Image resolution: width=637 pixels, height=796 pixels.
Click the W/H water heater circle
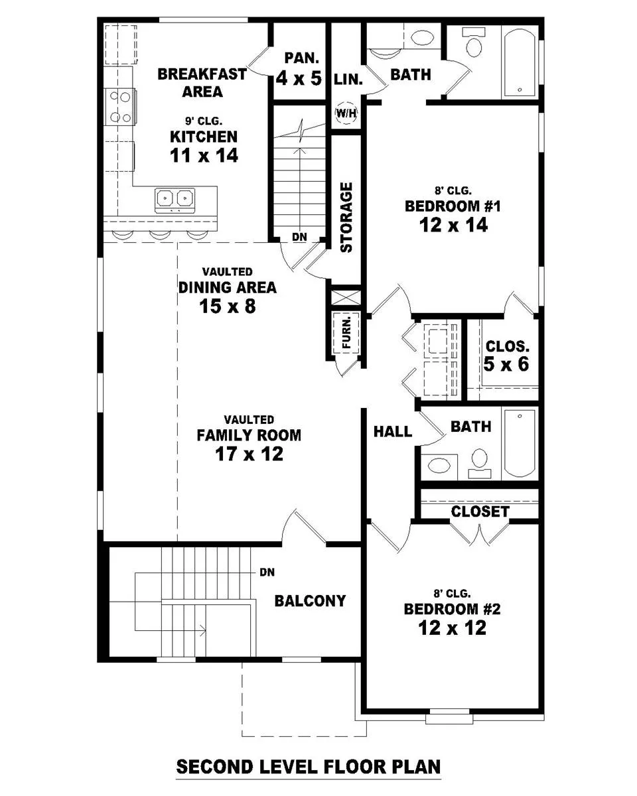tap(346, 113)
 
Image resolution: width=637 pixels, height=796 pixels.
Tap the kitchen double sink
tap(175, 200)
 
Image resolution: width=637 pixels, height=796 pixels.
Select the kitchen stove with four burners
tap(120, 107)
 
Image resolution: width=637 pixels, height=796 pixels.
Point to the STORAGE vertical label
tap(346, 218)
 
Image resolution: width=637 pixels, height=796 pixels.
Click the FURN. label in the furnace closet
tap(346, 332)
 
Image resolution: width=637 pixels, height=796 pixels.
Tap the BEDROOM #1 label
tap(453, 206)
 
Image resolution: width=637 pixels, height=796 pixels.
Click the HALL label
tap(393, 431)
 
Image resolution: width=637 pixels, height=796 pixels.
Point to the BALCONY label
tap(310, 601)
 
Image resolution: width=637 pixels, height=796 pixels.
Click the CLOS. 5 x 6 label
tap(507, 356)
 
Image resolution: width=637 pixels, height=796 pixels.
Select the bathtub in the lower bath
tap(520, 444)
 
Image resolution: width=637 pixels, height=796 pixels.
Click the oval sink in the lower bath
tap(438, 465)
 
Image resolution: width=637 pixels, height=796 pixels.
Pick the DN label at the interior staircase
tap(299, 237)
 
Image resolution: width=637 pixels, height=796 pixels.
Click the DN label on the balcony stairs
tap(267, 572)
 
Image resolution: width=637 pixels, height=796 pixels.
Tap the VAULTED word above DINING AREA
tap(227, 272)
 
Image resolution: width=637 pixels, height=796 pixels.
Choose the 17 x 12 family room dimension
tap(249, 454)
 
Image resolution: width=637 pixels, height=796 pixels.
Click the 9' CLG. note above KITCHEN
tap(204, 121)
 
